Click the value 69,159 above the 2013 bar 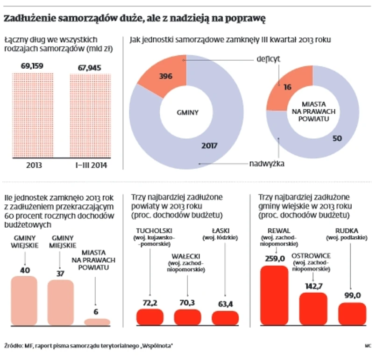[x=32, y=66]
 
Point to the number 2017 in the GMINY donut [x=209, y=145]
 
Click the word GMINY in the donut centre [x=186, y=112]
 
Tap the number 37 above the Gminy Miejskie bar [x=61, y=274]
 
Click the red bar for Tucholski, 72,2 [x=150, y=317]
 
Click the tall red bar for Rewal [x=274, y=295]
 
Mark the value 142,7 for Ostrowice [x=313, y=286]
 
